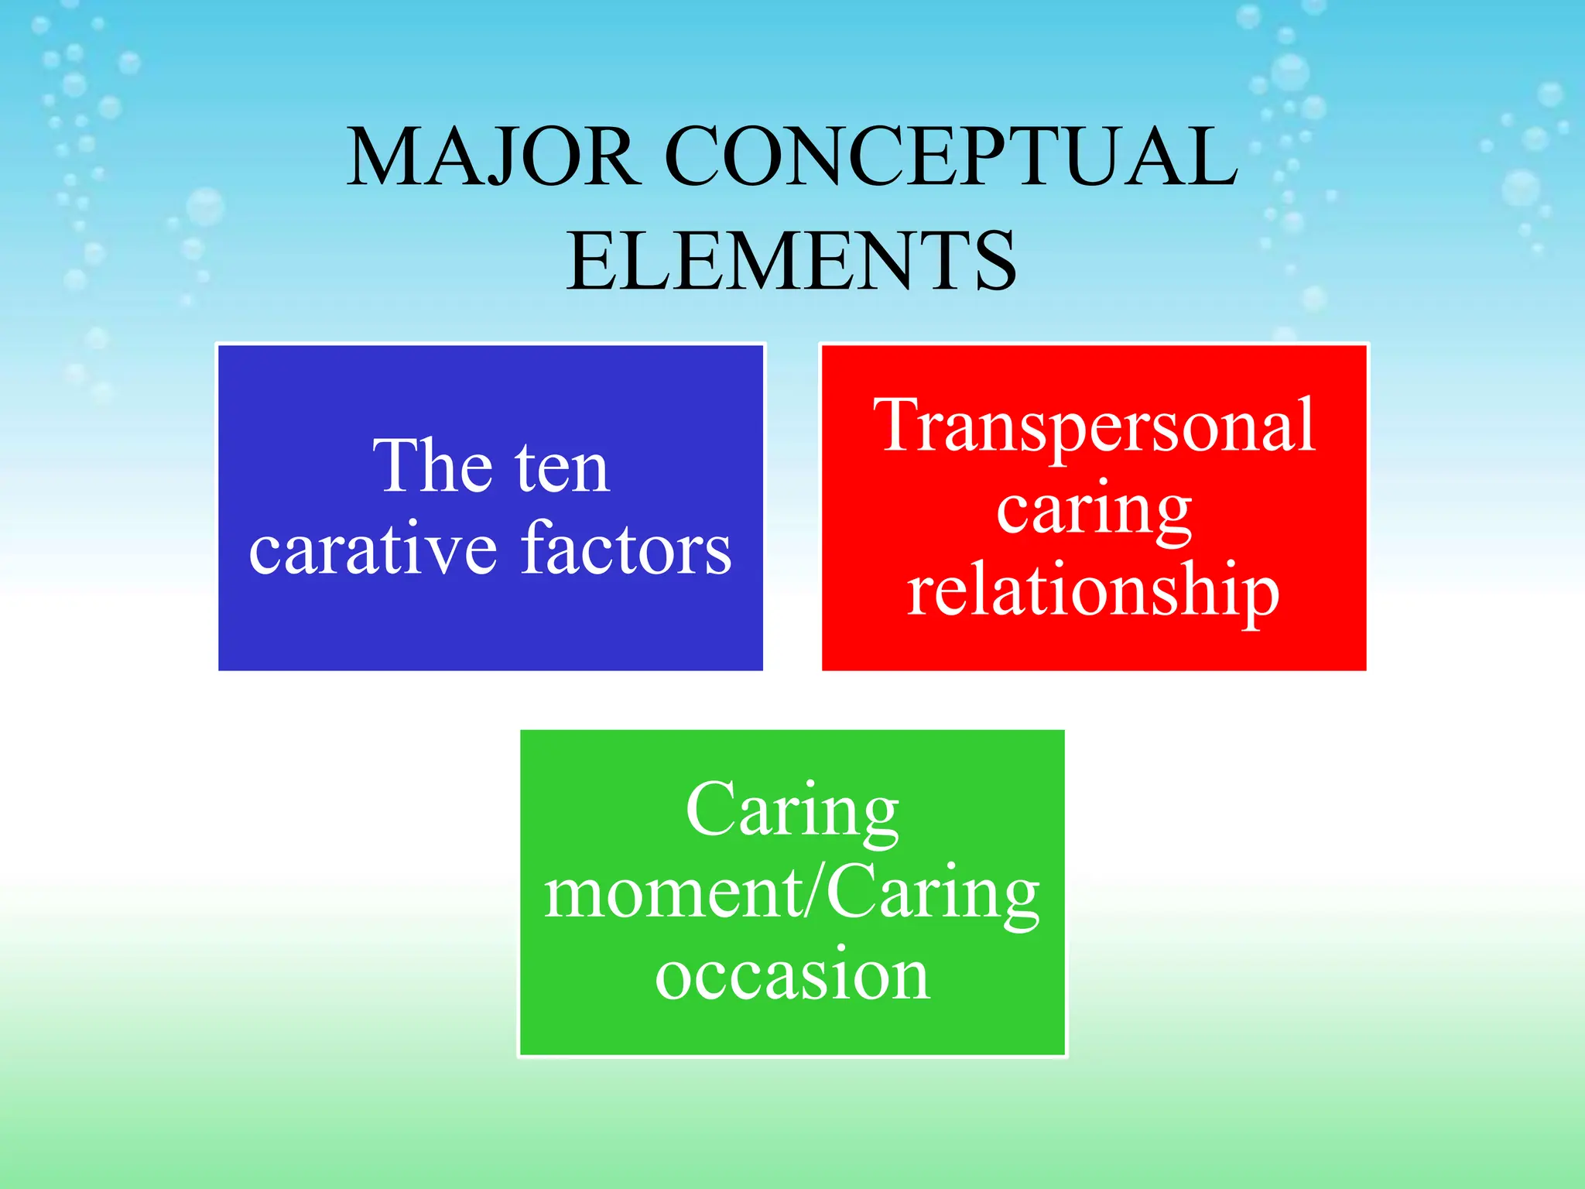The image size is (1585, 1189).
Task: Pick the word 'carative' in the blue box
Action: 372,550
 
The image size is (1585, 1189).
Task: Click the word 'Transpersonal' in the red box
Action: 1094,427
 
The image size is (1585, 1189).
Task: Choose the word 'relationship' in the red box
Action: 1093,591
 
